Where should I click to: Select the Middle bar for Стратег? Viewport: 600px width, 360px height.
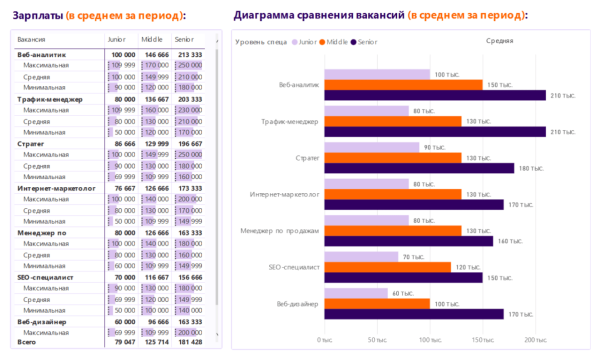click(390, 157)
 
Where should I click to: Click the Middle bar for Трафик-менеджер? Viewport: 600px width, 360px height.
click(390, 121)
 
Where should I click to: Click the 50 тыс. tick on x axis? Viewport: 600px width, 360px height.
click(377, 340)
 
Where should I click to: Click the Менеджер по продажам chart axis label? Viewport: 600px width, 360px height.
click(279, 230)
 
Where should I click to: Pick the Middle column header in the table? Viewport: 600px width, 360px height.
click(152, 38)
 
